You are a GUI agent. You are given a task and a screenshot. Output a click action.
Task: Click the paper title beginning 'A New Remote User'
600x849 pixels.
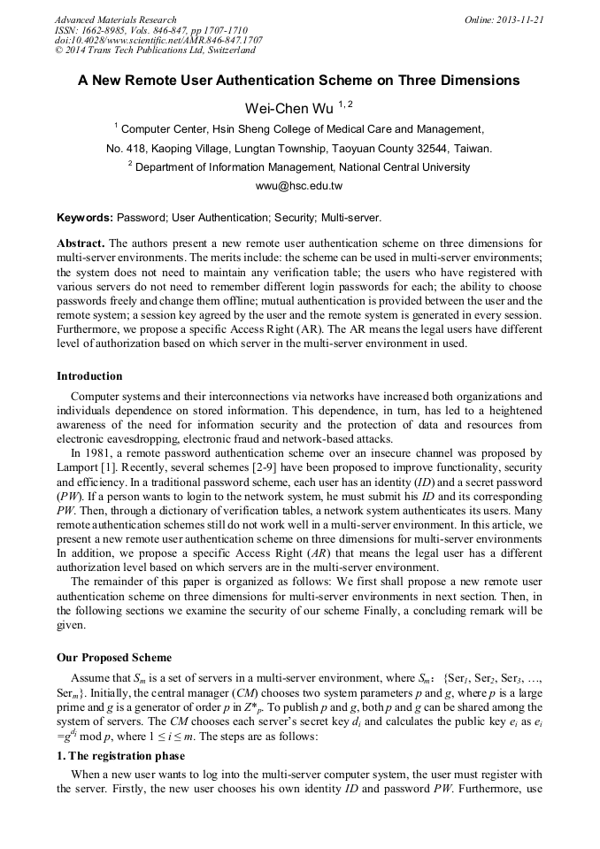coord(299,81)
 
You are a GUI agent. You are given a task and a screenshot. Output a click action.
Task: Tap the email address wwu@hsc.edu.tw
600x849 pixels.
coord(299,186)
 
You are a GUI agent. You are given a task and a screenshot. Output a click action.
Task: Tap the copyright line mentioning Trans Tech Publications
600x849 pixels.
coord(155,50)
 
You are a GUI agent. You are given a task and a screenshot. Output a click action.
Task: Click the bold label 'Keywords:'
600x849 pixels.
coord(85,217)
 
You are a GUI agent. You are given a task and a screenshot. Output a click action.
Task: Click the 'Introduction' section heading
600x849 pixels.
coord(89,376)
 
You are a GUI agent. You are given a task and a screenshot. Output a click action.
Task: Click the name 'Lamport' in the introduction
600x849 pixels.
coord(79,466)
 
